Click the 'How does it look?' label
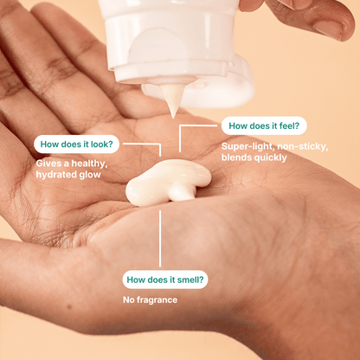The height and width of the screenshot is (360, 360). pos(77,144)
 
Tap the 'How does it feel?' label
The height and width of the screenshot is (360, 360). pos(264,125)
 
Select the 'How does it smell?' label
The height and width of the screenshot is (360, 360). pos(165,280)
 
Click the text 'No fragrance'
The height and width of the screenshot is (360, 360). pos(150,300)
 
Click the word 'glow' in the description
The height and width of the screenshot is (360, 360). pos(89,175)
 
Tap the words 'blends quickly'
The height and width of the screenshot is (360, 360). pos(254,157)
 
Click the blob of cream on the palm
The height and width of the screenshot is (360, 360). pos(169,182)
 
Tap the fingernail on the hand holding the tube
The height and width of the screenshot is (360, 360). pos(329,29)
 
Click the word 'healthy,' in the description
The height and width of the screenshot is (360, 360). pos(89,164)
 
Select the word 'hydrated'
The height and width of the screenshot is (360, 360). pos(55,175)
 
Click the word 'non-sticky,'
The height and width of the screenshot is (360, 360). pos(302,147)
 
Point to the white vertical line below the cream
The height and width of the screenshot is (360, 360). pos(160,238)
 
